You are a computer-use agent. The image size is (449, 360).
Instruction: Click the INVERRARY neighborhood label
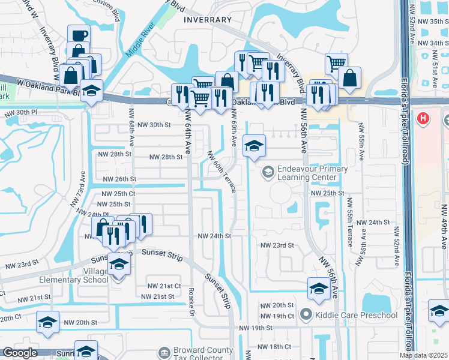208,20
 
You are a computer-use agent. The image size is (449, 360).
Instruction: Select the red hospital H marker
424,118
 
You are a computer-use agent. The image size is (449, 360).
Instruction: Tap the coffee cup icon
79,35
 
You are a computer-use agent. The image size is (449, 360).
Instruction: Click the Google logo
19,353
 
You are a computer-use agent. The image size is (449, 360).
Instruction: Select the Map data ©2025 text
423,355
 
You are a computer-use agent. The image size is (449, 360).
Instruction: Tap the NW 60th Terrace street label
221,171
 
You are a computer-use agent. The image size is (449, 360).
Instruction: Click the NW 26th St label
120,179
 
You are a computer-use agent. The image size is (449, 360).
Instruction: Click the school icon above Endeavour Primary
254,146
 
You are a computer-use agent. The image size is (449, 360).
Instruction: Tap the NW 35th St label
430,21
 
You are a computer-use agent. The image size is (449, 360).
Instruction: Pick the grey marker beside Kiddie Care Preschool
306,314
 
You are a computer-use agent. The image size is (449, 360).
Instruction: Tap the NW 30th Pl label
20,113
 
